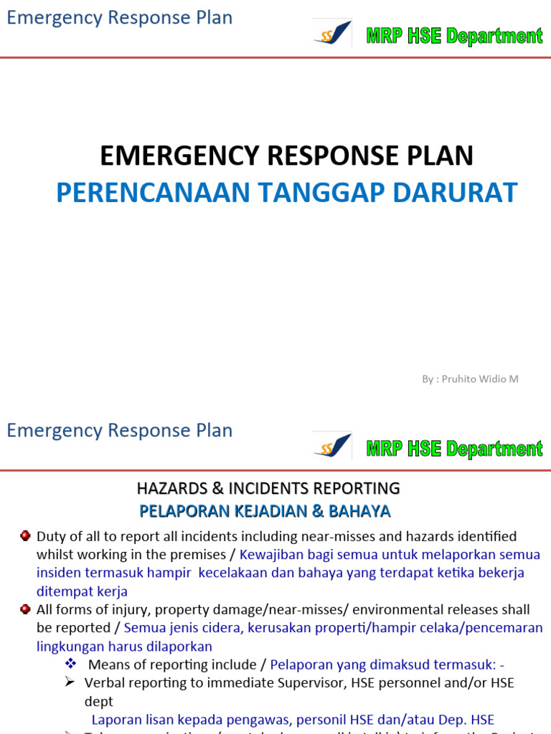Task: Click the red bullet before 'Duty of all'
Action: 25,535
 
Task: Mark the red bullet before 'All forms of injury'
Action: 25,609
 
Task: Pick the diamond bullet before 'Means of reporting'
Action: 70,664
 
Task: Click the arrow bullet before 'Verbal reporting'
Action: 70,682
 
